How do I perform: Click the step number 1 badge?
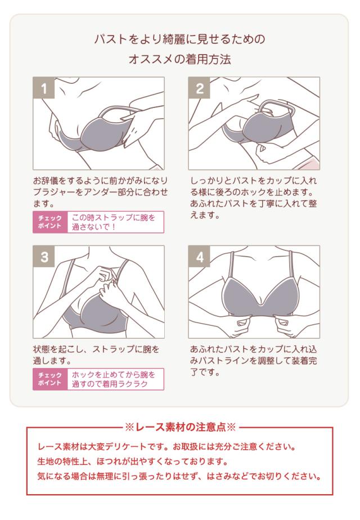tap(44, 88)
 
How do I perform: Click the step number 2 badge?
tap(200, 88)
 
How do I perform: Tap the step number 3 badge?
tap(44, 257)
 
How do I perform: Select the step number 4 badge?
tap(200, 257)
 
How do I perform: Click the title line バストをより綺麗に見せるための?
tap(179, 40)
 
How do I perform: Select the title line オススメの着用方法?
tap(179, 60)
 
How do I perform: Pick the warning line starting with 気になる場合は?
tap(179, 477)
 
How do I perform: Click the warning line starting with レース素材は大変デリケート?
tap(166, 448)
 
